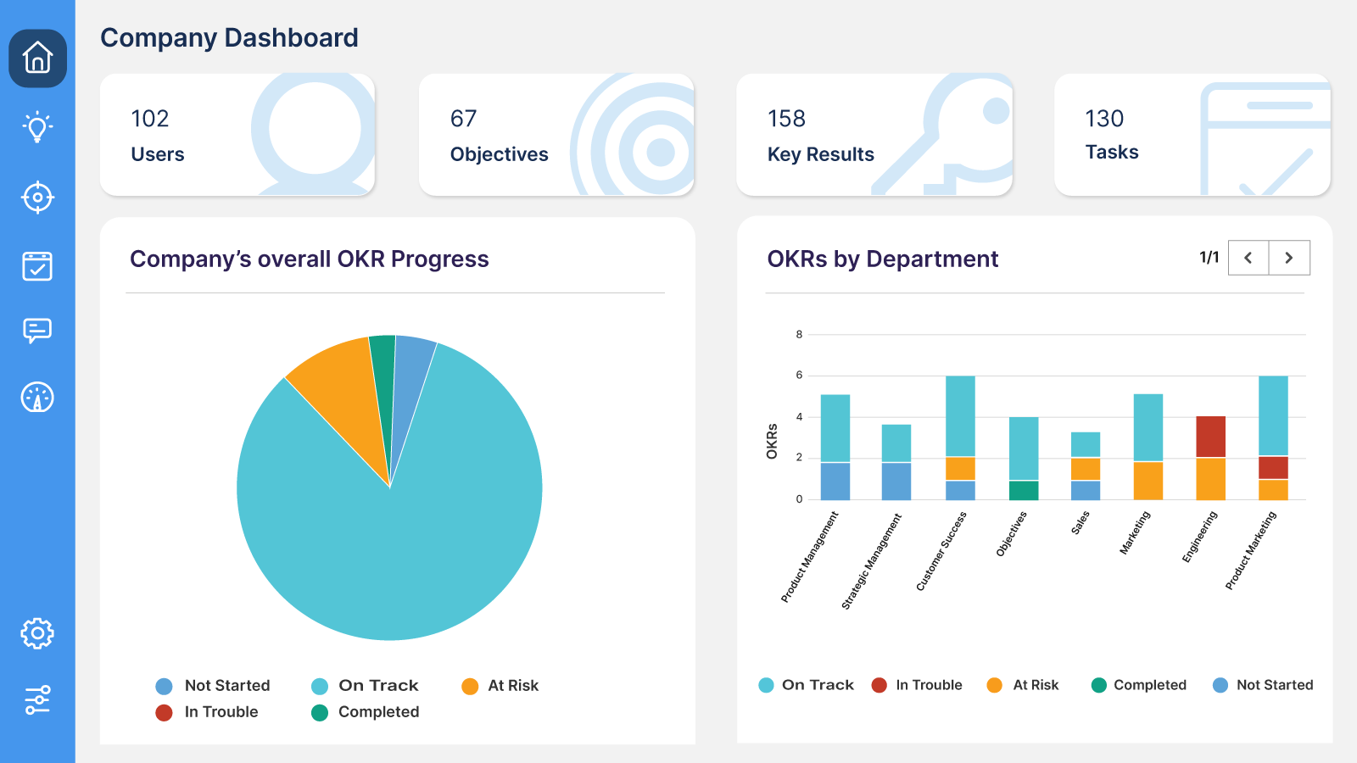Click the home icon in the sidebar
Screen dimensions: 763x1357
[37, 58]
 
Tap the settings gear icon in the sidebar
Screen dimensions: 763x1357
[37, 633]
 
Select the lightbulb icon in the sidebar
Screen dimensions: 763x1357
[37, 127]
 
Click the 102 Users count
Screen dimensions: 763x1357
[150, 119]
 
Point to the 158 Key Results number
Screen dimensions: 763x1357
[786, 119]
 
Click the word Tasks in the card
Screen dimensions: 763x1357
[1112, 153]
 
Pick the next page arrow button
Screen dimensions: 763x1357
[1289, 258]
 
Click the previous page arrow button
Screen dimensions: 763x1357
[1248, 258]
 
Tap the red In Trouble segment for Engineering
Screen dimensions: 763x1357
[1210, 437]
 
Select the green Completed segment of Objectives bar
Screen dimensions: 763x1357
[1024, 490]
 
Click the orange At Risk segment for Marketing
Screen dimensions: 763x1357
[1148, 481]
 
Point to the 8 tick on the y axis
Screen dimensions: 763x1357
[799, 335]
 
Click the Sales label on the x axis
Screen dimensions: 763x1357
[1081, 522]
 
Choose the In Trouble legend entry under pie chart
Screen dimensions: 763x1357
[221, 712]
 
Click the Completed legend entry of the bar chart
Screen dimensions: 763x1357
[1149, 685]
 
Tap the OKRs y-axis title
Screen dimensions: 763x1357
[772, 441]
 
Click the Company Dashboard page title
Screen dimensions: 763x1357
[229, 38]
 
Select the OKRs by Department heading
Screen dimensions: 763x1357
[882, 259]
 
